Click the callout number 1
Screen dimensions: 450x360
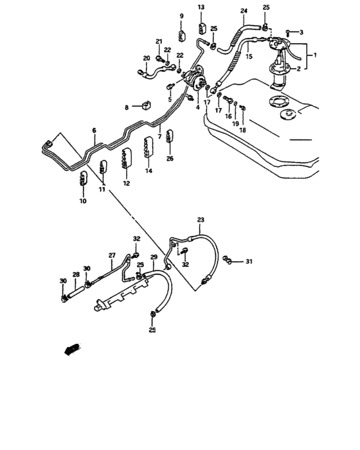(314, 55)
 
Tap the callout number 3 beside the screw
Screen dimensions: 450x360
(299, 32)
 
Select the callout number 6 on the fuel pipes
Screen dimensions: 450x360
(94, 130)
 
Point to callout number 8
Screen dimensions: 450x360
(127, 107)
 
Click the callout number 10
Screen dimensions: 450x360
(82, 201)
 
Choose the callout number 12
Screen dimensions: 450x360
(126, 183)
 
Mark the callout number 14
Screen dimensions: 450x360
(148, 171)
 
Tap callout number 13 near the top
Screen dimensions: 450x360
(201, 7)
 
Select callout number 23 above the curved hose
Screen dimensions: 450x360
(201, 221)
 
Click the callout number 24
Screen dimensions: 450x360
(244, 12)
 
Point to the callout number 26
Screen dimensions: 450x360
(170, 158)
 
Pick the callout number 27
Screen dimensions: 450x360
(111, 255)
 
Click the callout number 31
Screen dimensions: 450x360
(249, 261)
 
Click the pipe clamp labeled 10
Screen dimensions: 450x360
(82, 179)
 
